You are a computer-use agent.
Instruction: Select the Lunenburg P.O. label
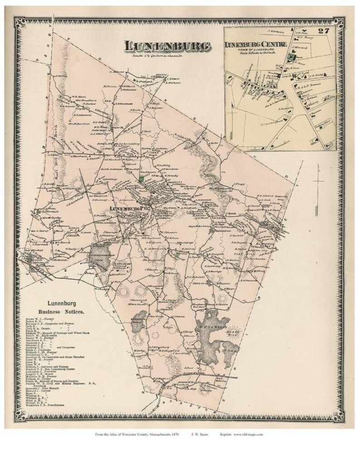(x=131, y=208)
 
